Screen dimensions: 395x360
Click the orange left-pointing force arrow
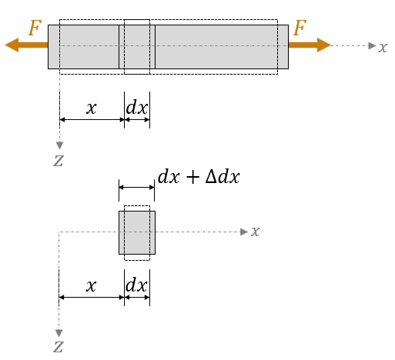tap(26, 45)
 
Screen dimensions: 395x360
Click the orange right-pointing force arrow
tap(310, 45)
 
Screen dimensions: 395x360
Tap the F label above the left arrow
tap(35, 28)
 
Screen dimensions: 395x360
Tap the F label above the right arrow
tap(300, 28)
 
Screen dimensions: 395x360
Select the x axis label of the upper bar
tap(383, 48)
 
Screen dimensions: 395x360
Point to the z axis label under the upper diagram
tap(59, 161)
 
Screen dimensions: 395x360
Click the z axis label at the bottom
tap(59, 347)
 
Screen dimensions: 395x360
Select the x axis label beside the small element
tap(256, 232)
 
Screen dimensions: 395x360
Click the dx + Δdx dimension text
tap(199, 177)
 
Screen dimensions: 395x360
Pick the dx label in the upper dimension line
tap(137, 107)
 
